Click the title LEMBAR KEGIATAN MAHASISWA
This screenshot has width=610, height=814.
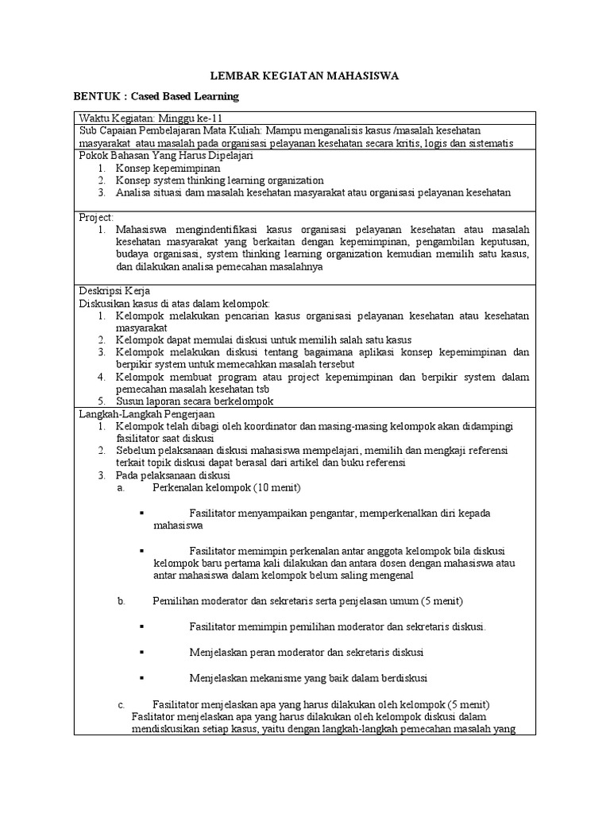coord(304,76)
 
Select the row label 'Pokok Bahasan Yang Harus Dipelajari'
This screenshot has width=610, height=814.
coord(160,156)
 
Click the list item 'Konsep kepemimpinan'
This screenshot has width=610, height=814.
coord(168,169)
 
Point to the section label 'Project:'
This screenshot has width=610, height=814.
coord(96,217)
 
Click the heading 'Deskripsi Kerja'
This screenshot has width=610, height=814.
coord(114,290)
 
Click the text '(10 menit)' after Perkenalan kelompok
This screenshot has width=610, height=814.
coord(276,487)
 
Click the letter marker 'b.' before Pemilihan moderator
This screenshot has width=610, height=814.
coord(122,601)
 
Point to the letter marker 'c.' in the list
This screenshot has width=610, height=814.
coord(122,704)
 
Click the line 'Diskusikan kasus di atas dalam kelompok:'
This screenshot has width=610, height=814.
coord(174,303)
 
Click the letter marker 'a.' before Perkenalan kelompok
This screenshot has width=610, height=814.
coord(122,487)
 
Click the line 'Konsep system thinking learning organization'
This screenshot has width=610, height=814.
coord(219,180)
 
